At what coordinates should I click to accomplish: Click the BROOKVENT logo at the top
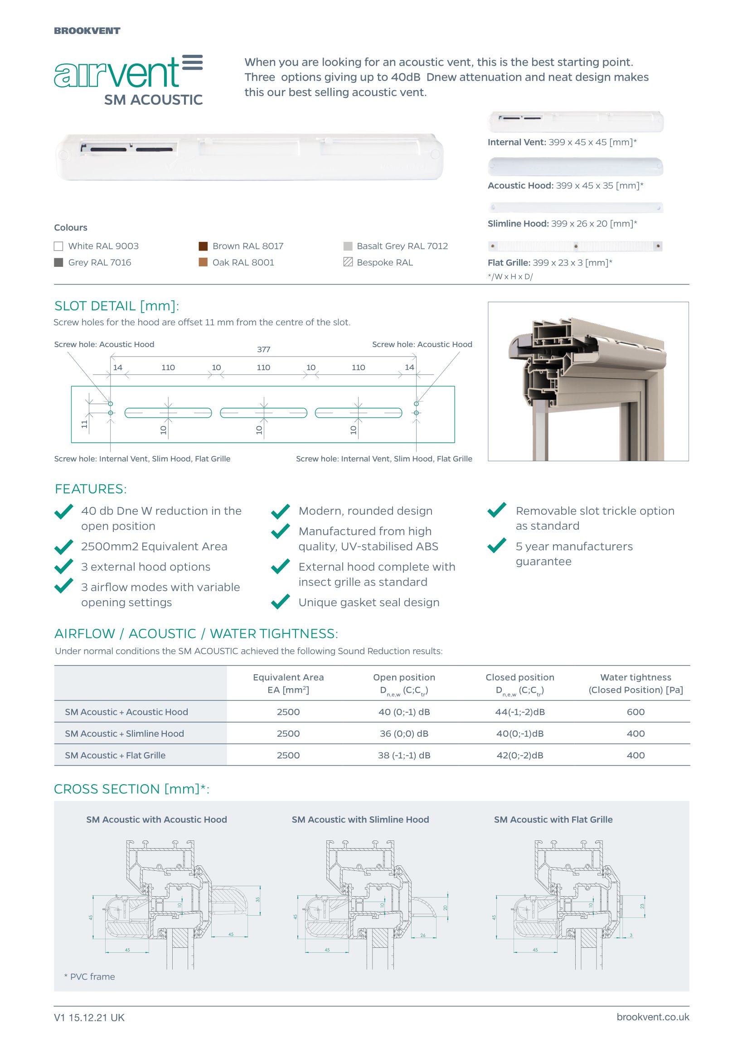click(x=87, y=31)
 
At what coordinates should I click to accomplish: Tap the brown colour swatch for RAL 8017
click(x=203, y=246)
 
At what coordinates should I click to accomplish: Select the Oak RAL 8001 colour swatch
click(x=203, y=262)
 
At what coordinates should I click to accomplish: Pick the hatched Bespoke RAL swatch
click(x=348, y=262)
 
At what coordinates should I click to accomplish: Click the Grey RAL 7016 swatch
click(x=58, y=262)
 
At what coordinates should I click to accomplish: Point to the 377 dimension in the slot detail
click(x=263, y=350)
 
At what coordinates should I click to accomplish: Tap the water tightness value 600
click(x=635, y=712)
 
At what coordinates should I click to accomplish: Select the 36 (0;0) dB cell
click(x=404, y=734)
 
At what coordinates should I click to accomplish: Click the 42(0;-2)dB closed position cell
click(x=519, y=755)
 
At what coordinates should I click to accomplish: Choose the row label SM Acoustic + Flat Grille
click(x=115, y=755)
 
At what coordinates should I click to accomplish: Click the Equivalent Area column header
click(x=288, y=684)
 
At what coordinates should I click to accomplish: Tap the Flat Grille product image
click(x=575, y=246)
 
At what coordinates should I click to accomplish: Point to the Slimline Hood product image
click(x=575, y=208)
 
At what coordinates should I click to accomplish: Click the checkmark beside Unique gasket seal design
click(x=281, y=602)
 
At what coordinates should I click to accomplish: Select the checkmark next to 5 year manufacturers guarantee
click(x=497, y=546)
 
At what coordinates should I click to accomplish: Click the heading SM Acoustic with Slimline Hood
click(x=360, y=820)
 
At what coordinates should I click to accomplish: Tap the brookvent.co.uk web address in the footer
click(x=653, y=1018)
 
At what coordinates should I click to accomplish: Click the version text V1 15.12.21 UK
click(x=89, y=1018)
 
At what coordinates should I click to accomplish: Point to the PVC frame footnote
click(x=90, y=977)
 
